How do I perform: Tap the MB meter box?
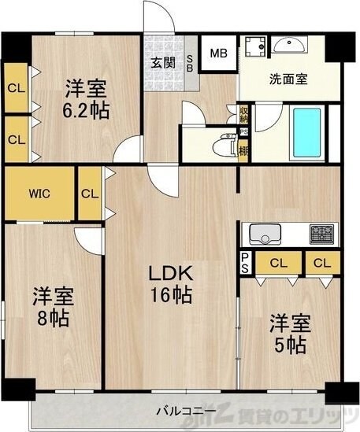[x=217, y=54]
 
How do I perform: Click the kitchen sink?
[x=263, y=233]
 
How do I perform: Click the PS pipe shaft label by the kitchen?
[x=245, y=263]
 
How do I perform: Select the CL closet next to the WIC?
[x=90, y=194]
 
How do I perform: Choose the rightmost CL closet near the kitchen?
[x=321, y=263]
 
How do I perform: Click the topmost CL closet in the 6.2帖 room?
[x=16, y=88]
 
